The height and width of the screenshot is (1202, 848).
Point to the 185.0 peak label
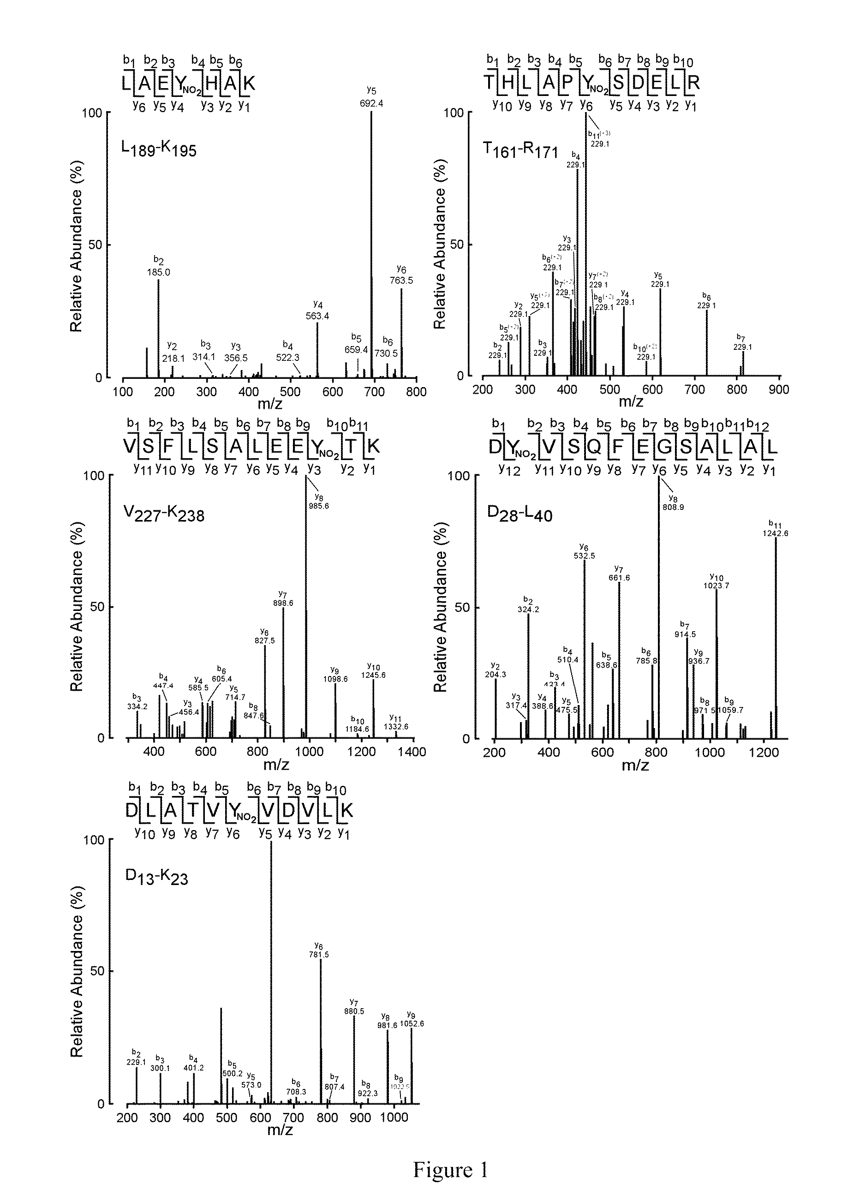158,272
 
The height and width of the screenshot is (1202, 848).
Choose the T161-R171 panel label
520,151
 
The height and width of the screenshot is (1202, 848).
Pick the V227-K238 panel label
164,514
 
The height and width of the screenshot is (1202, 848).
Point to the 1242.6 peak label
775,533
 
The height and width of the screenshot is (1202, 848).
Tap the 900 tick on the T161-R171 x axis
779,389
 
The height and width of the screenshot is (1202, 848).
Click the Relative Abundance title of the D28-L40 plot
441,607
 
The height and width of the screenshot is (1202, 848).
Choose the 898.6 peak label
283,603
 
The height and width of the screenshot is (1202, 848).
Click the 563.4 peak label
317,316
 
